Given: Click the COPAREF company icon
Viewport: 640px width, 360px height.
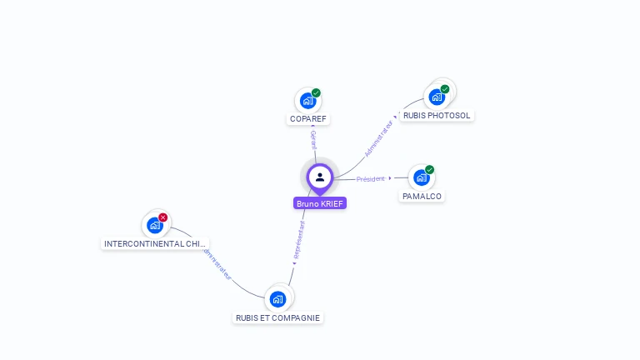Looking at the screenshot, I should tap(307, 101).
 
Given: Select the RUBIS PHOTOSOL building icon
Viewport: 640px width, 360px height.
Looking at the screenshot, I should tap(437, 97).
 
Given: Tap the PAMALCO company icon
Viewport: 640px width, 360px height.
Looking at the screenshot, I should tap(422, 177).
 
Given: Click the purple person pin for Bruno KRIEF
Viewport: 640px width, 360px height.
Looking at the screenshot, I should tap(320, 177).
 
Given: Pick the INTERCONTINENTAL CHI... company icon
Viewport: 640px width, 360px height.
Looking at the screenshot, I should tap(155, 225).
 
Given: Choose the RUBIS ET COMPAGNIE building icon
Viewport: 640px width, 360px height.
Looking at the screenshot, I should tap(277, 299).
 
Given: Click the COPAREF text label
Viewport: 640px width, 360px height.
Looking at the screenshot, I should tap(307, 119).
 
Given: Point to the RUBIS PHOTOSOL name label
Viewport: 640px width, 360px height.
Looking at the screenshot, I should tap(437, 116).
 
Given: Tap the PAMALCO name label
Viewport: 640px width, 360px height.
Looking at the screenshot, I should tap(422, 197).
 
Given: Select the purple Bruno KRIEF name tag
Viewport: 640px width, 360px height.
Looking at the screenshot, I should tap(320, 203).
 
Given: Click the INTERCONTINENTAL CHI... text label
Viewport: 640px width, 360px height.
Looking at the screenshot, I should tap(155, 244).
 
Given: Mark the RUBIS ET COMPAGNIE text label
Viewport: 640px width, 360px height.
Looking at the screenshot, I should tap(277, 318).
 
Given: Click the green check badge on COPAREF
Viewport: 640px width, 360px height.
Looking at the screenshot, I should tap(316, 92).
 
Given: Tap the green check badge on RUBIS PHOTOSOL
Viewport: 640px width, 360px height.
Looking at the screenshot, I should tap(445, 89).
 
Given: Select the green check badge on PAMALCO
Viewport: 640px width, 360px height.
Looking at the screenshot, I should tap(430, 170).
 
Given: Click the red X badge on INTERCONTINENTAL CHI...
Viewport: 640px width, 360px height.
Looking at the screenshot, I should tap(163, 217).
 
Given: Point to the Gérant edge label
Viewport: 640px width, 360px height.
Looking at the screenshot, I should tap(313, 139).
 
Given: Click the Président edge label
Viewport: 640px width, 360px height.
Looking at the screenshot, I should tap(371, 178).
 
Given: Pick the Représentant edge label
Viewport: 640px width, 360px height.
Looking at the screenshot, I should tap(299, 239).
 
